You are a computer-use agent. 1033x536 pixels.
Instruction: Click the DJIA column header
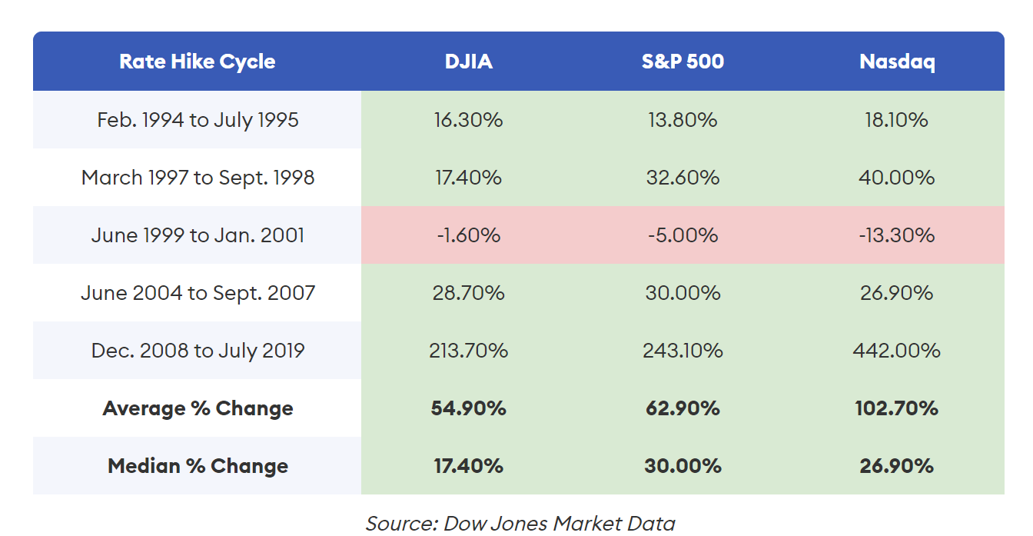(469, 62)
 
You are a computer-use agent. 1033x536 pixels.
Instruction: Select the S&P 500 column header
(683, 62)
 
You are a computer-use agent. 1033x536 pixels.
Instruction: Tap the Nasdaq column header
(897, 62)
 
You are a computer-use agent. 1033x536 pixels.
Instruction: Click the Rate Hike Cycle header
(198, 62)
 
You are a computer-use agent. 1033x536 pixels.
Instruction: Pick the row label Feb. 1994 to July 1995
(198, 121)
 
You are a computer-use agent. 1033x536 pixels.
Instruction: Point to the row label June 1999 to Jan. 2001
(198, 235)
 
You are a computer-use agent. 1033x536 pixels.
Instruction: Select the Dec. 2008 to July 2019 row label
(198, 351)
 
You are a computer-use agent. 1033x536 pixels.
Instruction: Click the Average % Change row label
(198, 408)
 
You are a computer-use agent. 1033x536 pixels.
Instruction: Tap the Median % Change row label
(198, 466)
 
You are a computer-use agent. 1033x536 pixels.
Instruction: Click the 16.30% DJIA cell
(469, 120)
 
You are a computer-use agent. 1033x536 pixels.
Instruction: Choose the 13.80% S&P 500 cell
(683, 120)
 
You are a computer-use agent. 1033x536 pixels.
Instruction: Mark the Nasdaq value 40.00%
(897, 178)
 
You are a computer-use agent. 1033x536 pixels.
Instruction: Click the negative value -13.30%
(897, 235)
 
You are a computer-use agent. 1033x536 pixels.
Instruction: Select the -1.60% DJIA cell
(469, 235)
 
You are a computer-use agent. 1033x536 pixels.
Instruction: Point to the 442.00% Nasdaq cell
(897, 351)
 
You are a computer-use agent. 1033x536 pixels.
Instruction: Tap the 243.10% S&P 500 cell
(683, 351)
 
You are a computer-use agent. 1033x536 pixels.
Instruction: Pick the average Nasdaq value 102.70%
(897, 408)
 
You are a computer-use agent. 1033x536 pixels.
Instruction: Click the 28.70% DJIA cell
(469, 293)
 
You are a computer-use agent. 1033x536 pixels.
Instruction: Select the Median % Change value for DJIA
(469, 466)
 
